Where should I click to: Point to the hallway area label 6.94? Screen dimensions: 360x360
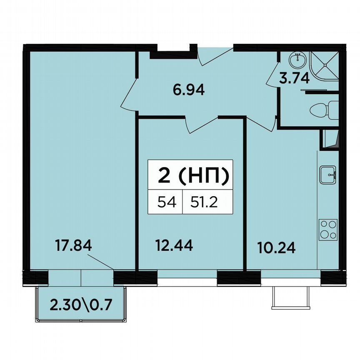coord(189,90)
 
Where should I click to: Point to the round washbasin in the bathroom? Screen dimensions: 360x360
coord(298,60)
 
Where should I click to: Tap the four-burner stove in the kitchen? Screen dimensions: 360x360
coord(328,230)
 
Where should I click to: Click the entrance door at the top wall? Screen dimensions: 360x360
coord(213,57)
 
